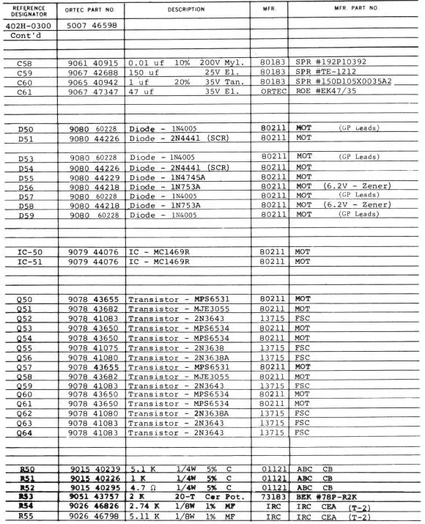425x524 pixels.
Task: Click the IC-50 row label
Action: (31, 251)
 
